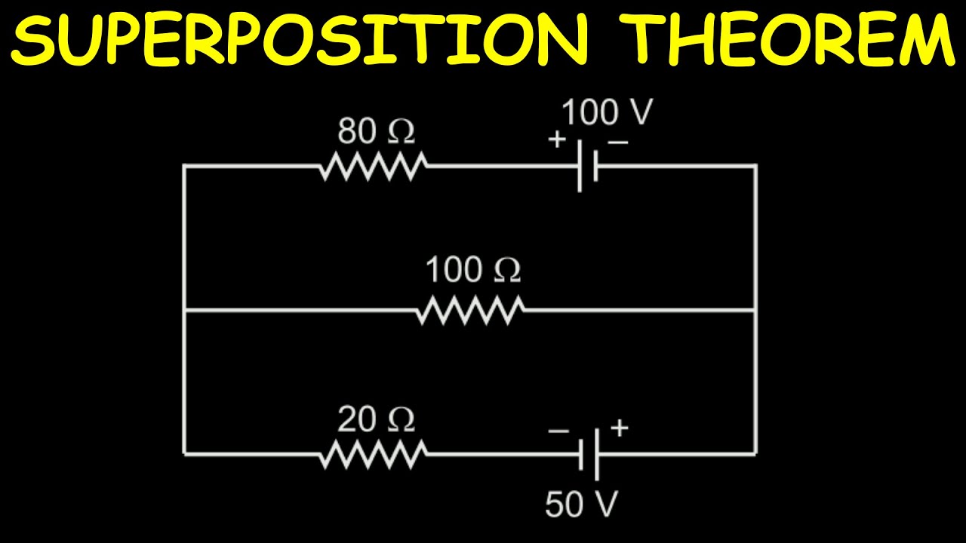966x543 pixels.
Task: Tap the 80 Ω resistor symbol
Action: [x=373, y=165]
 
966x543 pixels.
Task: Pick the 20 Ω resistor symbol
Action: [x=373, y=454]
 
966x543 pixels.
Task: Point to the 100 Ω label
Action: [x=473, y=270]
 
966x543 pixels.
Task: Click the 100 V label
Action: [x=606, y=113]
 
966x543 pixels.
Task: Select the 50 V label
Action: [x=581, y=505]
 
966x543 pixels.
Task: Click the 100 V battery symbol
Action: [x=588, y=166]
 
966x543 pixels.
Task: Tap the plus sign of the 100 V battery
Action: [x=556, y=140]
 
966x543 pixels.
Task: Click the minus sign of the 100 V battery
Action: [x=617, y=140]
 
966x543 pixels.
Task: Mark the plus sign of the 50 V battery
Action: [x=619, y=428]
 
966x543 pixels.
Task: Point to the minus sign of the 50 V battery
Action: [x=558, y=431]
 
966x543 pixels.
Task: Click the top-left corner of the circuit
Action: [x=184, y=165]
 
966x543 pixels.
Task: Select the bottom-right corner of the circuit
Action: [x=755, y=454]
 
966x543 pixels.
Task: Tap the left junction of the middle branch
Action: [x=184, y=310]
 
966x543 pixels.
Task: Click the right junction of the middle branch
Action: [x=755, y=310]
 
